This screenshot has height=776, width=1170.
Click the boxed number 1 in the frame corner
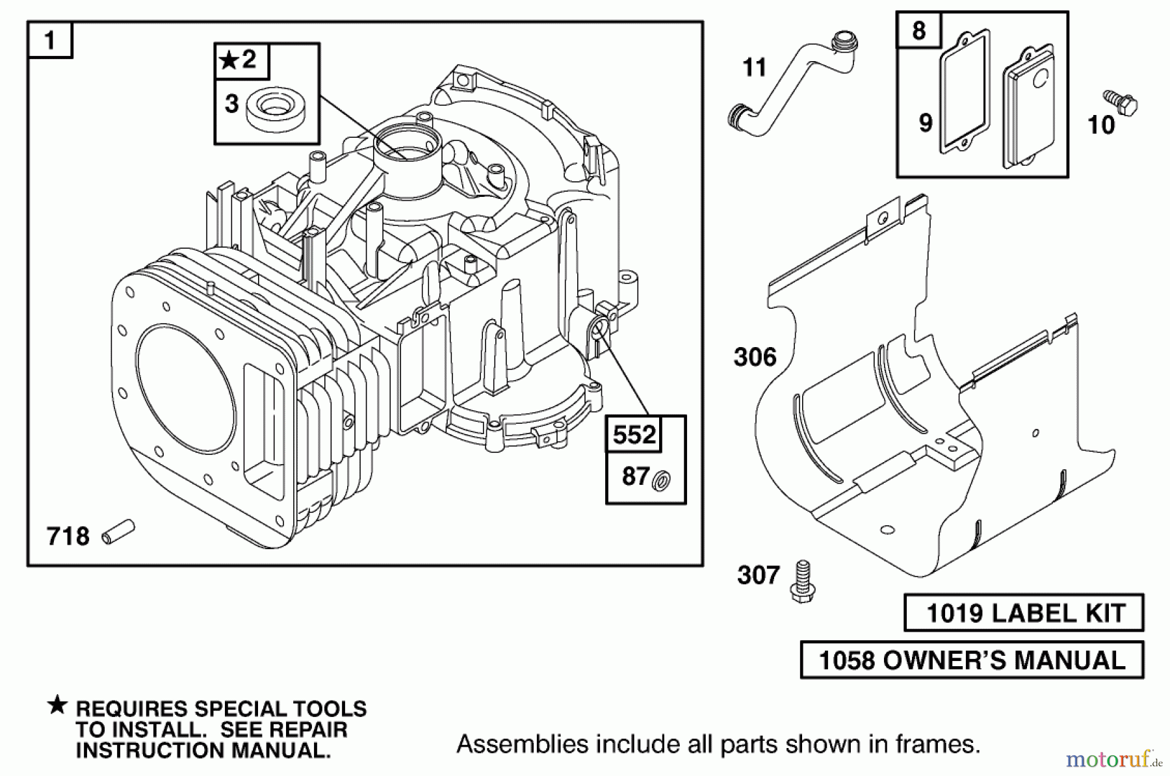[49, 40]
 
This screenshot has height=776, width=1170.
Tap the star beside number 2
[229, 61]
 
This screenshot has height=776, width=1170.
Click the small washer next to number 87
[662, 481]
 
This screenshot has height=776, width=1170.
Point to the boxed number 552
[634, 435]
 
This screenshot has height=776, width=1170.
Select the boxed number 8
[918, 31]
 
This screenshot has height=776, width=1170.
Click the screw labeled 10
[1121, 103]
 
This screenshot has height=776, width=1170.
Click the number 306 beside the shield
[755, 357]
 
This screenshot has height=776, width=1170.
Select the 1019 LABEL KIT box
[1024, 613]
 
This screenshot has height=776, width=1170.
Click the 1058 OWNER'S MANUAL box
[972, 660]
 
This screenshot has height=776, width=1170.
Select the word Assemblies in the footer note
[505, 744]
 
